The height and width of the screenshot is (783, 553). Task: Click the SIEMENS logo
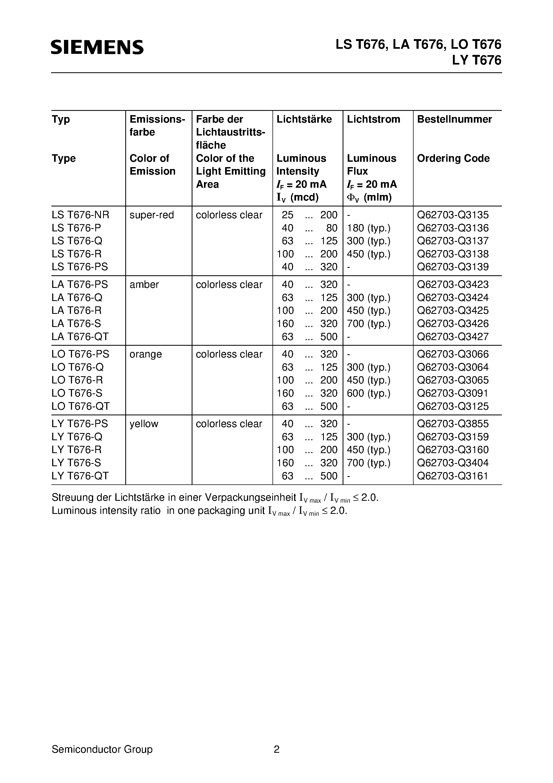[97, 47]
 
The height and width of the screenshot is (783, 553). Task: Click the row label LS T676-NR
[81, 215]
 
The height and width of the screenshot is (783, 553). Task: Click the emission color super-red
[151, 215]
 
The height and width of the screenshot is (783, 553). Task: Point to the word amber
[144, 284]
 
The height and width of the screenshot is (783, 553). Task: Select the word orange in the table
[146, 354]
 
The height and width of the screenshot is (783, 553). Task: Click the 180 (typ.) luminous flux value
[368, 228]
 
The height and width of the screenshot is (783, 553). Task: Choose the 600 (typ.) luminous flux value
[368, 393]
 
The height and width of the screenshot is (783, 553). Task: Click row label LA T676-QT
[80, 337]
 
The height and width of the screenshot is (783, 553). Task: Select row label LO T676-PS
[81, 354]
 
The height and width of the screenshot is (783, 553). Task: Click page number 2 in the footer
[276, 749]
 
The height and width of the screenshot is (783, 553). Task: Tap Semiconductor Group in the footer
[102, 749]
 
